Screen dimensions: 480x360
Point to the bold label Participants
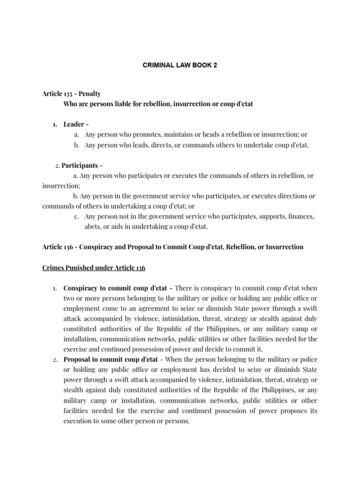(x=80, y=165)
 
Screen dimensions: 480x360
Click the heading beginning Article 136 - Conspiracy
(x=172, y=247)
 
